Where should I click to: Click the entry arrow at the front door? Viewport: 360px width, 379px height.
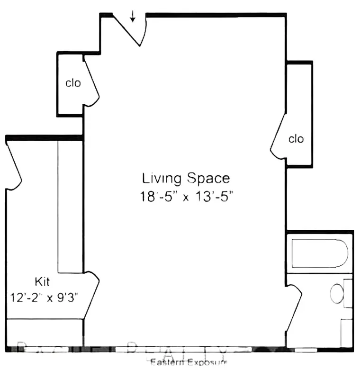[133, 17]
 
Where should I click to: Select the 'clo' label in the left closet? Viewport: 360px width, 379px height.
[73, 83]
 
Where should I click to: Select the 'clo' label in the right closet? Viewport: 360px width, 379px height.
[296, 139]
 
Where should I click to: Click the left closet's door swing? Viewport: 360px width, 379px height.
[91, 81]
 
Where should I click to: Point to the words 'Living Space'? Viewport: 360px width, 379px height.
[186, 179]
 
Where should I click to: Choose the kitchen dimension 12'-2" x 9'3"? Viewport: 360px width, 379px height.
[44, 298]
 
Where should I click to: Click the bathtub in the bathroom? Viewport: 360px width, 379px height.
[320, 254]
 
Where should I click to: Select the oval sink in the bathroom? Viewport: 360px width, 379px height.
[337, 294]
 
